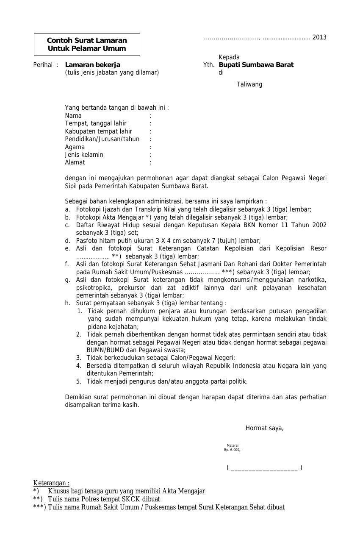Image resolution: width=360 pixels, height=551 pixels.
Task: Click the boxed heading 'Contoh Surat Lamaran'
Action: [87, 41]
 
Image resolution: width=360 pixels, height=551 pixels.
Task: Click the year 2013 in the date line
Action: [319, 37]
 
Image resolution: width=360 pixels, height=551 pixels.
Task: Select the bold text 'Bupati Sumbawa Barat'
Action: [256, 65]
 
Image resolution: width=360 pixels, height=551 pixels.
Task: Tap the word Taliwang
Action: [249, 84]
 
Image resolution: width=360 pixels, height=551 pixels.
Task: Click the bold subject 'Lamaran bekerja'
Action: [93, 65]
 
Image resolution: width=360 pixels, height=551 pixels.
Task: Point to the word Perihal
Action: [43, 65]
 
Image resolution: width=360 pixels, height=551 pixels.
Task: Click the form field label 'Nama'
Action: [73, 116]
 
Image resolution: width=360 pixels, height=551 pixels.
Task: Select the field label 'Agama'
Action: [75, 147]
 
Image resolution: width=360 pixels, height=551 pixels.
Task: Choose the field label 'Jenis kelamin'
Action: [84, 155]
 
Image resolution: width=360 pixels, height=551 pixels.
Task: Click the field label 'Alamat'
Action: [75, 162]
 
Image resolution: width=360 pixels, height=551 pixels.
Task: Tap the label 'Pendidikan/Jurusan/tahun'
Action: [102, 139]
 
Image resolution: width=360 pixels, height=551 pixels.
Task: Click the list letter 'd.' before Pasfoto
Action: [67, 241]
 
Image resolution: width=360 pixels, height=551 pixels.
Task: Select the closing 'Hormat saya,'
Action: [264, 428]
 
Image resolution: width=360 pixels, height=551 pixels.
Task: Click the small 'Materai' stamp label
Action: [233, 445]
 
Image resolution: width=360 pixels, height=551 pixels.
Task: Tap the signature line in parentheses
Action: [264, 468]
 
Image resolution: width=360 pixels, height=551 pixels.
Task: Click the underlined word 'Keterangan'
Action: [50, 483]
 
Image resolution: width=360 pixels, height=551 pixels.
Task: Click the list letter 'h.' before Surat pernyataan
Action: [67, 303]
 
